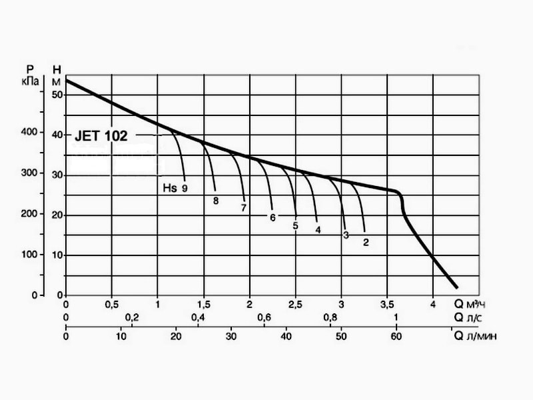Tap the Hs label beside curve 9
(171, 188)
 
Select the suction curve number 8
(216, 200)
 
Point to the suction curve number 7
(244, 208)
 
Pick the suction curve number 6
(272, 217)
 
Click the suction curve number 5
(295, 225)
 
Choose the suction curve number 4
(318, 230)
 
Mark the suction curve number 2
(366, 241)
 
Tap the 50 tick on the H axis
(57, 95)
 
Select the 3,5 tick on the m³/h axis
(387, 305)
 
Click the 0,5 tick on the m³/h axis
(111, 305)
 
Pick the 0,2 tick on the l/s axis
(132, 317)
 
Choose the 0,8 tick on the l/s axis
(330, 317)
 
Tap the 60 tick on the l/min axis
(396, 335)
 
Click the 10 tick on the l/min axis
(121, 335)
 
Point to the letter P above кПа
(31, 68)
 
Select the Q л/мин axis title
(474, 335)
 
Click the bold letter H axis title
(57, 69)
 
